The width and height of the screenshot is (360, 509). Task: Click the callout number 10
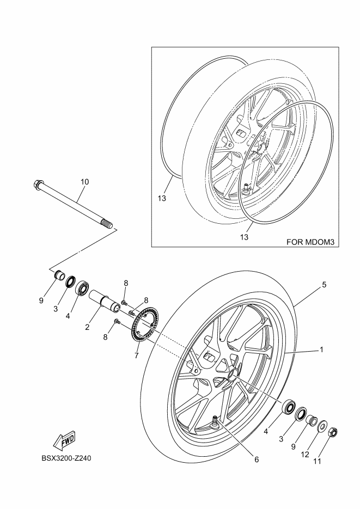(84, 181)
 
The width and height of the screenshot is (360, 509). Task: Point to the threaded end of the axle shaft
(107, 223)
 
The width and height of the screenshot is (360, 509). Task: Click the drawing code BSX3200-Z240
(65, 458)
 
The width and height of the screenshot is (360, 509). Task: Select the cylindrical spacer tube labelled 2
(104, 302)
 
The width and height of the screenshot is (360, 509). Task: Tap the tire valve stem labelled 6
(215, 421)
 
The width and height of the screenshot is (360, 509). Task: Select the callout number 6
(256, 459)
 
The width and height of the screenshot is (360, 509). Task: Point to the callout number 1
(321, 349)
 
